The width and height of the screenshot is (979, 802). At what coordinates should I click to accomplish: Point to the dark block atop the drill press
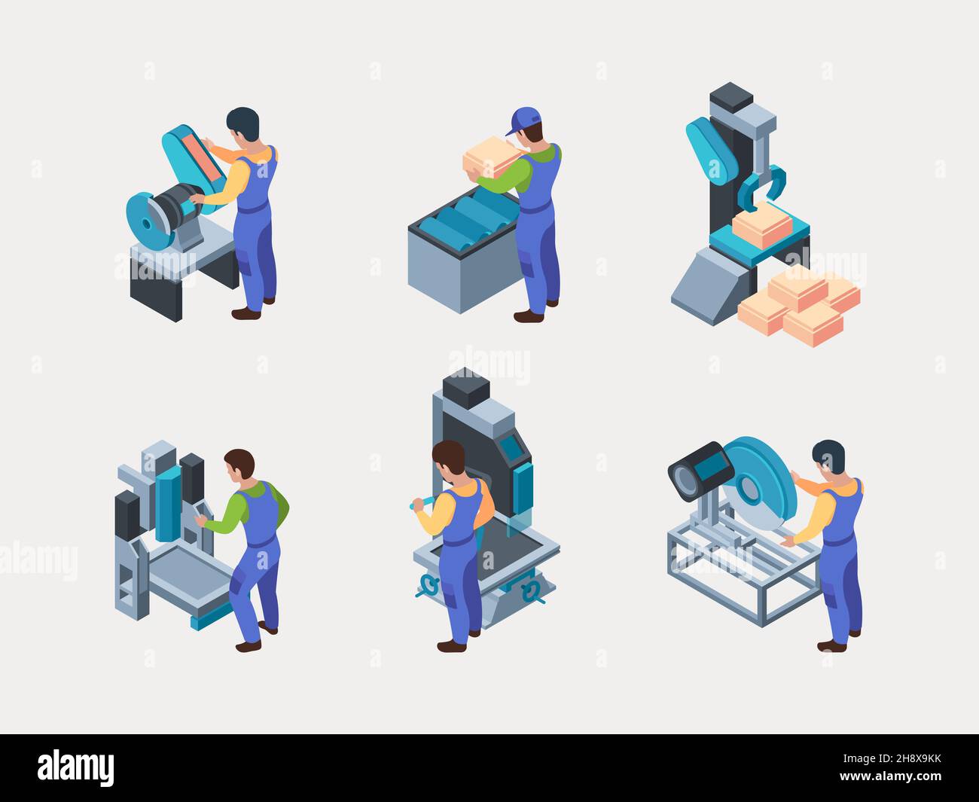[466, 389]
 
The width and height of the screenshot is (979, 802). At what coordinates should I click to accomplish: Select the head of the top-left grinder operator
[242, 125]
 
